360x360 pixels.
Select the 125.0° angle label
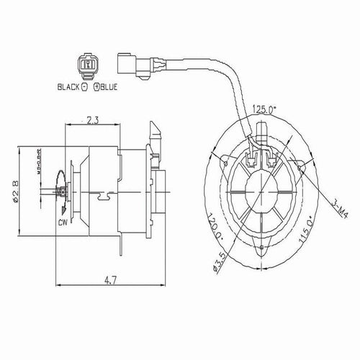tap(264, 110)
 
